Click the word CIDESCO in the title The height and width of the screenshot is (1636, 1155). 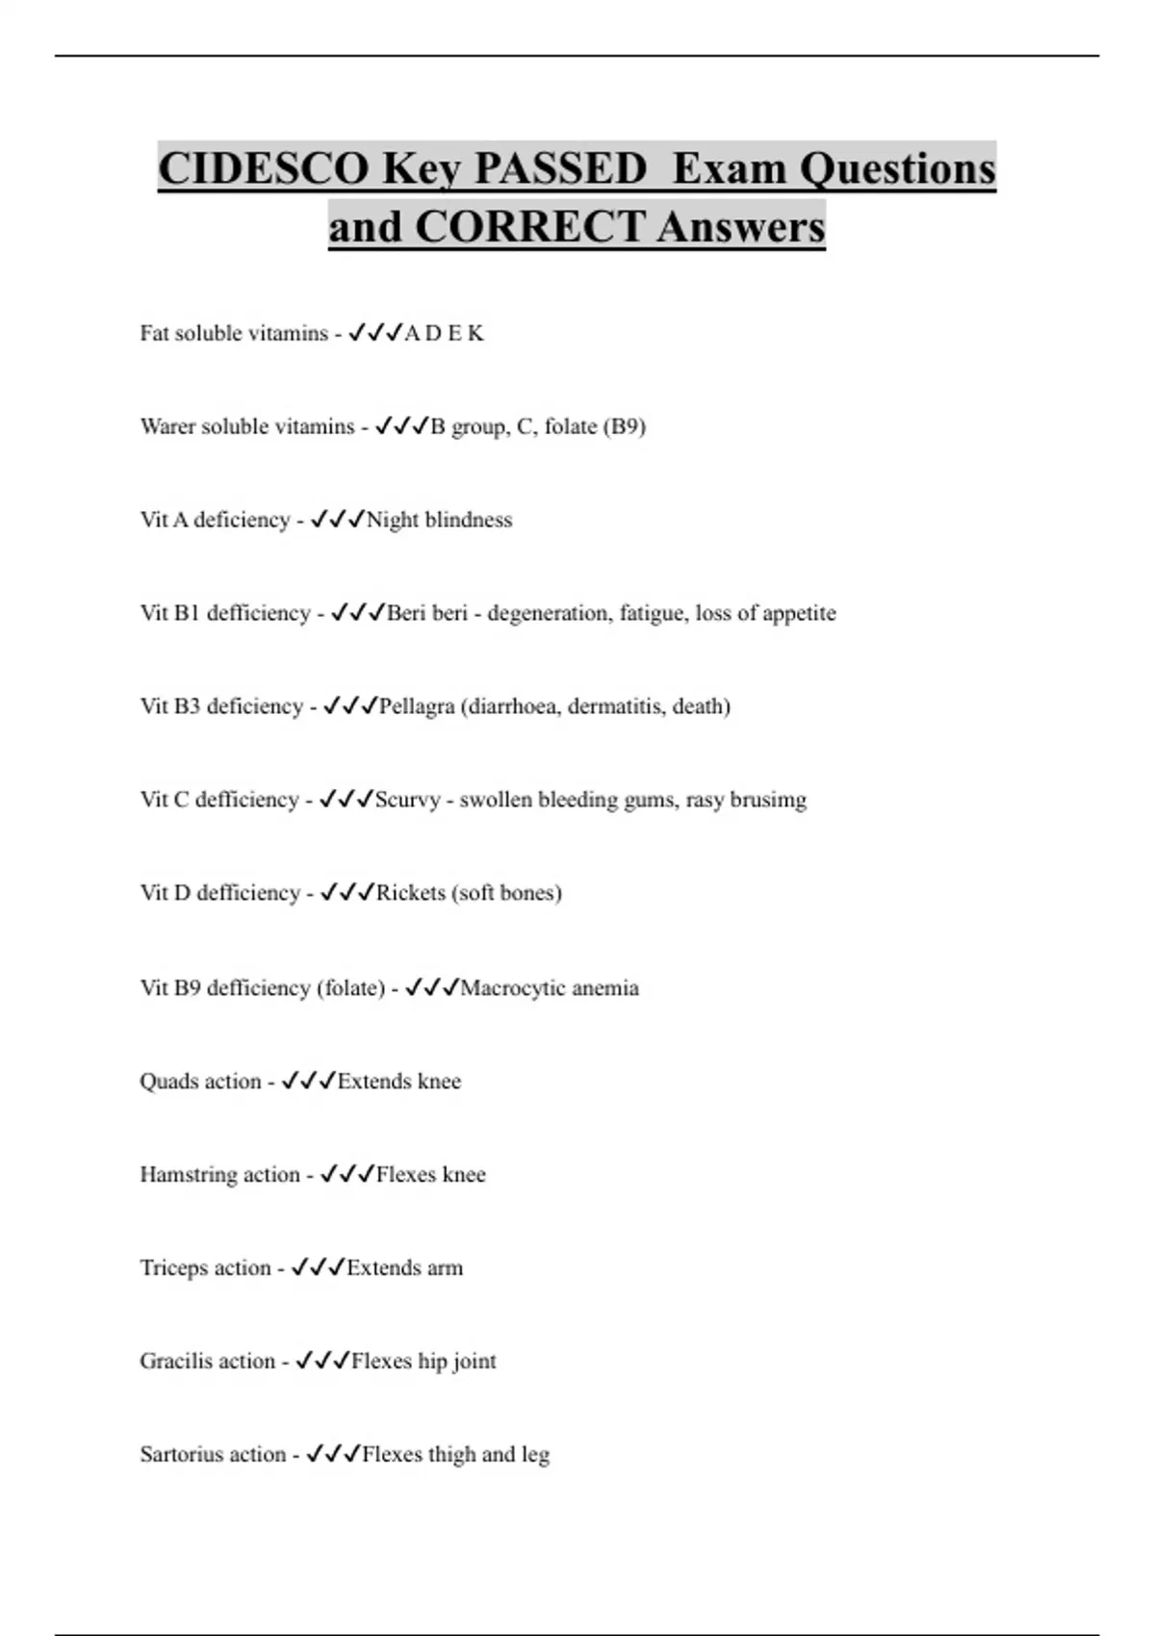tap(262, 168)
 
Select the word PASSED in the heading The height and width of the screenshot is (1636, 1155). tap(560, 168)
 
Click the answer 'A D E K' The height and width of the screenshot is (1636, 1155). tap(444, 334)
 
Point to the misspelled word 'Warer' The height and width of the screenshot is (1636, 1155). tap(167, 426)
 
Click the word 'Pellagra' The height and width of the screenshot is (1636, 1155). tap(417, 706)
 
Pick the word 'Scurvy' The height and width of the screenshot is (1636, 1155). tap(407, 800)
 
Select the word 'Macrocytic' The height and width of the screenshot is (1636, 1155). tap(509, 988)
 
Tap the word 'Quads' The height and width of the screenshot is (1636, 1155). tap(168, 1082)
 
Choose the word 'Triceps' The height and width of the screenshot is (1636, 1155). tap(175, 1268)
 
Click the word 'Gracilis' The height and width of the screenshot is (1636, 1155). tap(180, 1362)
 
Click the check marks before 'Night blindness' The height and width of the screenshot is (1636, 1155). tap(337, 520)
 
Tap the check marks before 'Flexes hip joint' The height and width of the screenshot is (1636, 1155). tap(322, 1361)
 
